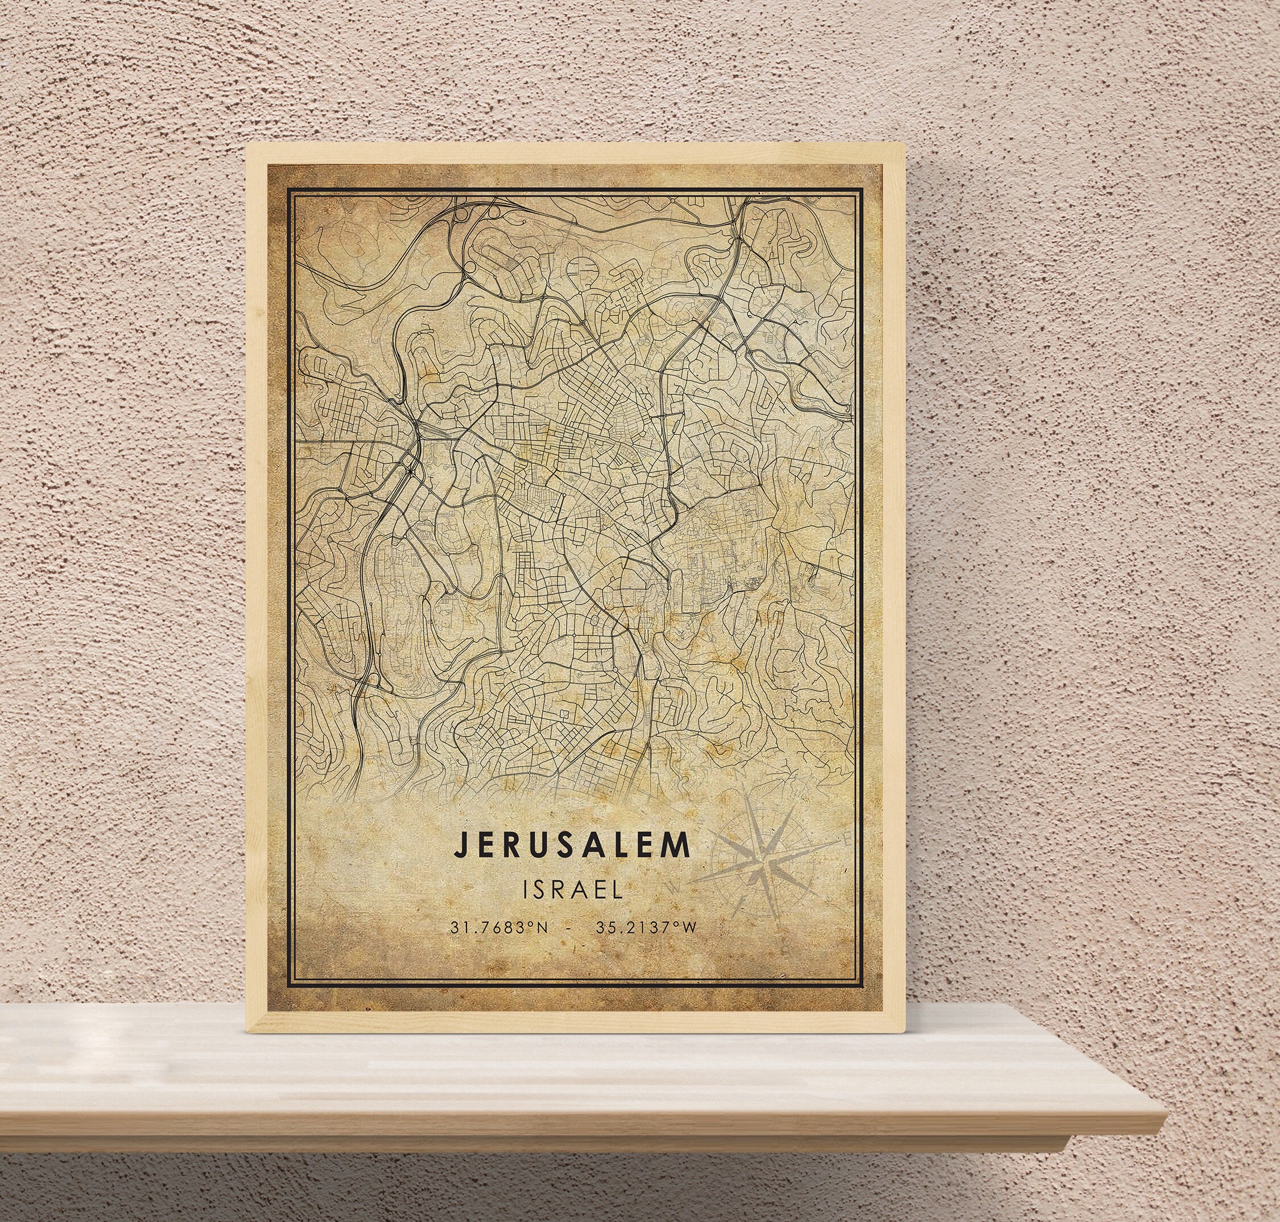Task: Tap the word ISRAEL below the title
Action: pyautogui.click(x=572, y=890)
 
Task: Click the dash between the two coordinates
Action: pyautogui.click(x=571, y=928)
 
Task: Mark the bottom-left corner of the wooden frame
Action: pyautogui.click(x=246, y=1034)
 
